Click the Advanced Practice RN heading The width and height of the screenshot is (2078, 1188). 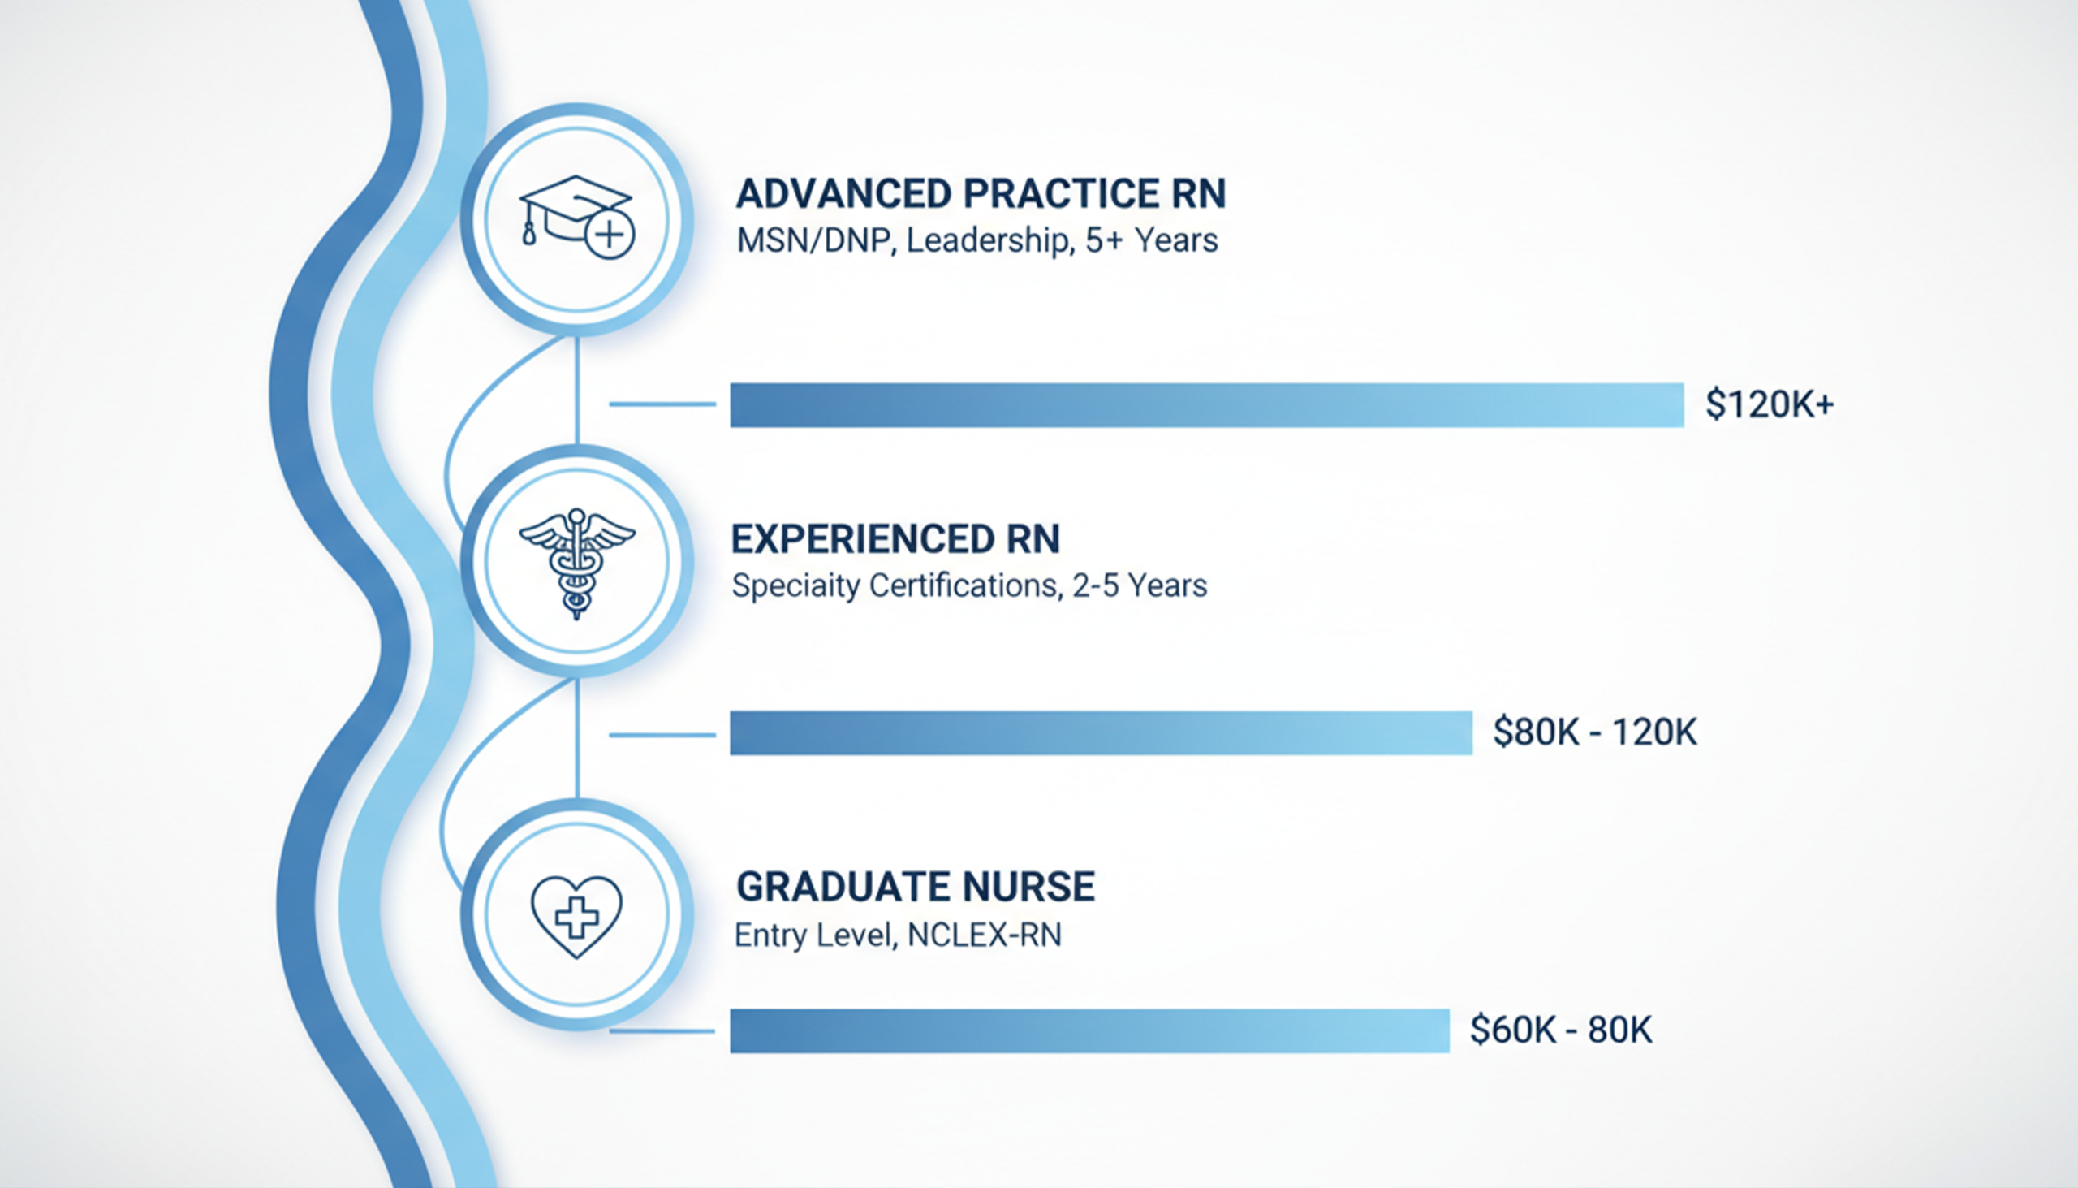click(x=981, y=193)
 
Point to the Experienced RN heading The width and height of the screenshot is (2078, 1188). click(x=895, y=539)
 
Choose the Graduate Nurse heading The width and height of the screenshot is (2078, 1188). click(x=915, y=887)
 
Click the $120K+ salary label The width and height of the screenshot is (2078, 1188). click(x=1770, y=404)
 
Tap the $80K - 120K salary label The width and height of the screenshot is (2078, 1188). click(x=1595, y=732)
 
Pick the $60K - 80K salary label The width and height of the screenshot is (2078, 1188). click(x=1561, y=1030)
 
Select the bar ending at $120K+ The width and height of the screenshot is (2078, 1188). click(x=1207, y=404)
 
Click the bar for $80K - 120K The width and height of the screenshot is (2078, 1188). click(x=1101, y=732)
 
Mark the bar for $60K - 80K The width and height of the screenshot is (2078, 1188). click(x=1089, y=1031)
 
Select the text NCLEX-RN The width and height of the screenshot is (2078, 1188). click(x=985, y=935)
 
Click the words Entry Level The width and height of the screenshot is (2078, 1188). click(x=817, y=936)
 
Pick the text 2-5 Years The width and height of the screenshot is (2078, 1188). click(x=1140, y=586)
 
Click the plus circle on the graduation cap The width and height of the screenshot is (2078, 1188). click(x=610, y=235)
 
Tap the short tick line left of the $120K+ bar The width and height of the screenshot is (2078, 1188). click(x=662, y=404)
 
